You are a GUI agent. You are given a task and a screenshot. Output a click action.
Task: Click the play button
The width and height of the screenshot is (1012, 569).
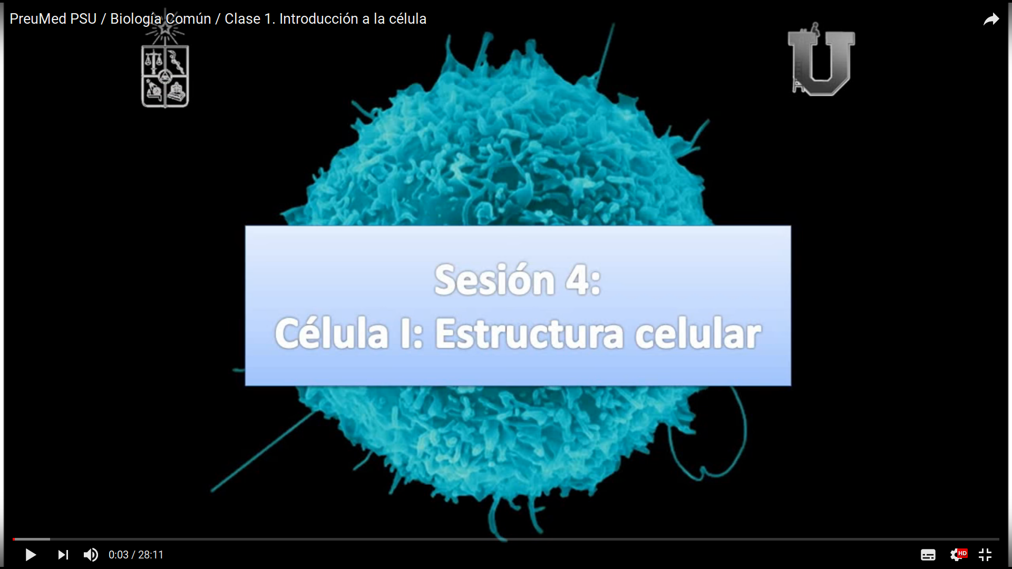31,555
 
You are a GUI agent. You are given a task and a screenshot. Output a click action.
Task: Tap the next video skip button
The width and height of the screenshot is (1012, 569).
63,555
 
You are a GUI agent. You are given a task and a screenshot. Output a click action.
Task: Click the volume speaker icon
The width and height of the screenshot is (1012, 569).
91,555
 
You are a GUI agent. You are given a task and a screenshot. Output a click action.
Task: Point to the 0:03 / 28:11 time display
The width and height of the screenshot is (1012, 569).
136,555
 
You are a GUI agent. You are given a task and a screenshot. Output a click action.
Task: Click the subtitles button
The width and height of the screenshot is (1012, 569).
928,555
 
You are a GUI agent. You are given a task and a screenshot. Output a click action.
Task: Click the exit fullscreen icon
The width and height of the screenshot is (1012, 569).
985,555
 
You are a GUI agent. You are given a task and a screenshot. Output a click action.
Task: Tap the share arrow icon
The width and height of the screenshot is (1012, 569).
991,19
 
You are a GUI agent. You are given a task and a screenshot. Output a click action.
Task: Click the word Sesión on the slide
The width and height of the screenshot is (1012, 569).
494,280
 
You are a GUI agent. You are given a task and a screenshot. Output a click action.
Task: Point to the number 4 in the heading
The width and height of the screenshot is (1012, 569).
578,280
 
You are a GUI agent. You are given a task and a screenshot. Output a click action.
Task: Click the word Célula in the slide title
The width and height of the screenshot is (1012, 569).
332,333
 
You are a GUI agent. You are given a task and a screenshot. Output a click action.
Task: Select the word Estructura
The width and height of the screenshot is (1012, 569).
529,333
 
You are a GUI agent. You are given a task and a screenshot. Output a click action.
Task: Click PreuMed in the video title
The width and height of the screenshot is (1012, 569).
38,19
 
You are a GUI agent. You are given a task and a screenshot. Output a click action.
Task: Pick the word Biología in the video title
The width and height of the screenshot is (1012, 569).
135,19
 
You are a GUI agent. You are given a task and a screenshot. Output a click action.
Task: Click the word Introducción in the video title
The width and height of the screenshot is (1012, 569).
319,19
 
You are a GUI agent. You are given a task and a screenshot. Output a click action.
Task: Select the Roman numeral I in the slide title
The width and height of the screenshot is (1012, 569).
405,333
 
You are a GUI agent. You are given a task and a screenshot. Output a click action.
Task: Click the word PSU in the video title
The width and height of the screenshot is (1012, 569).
83,19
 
